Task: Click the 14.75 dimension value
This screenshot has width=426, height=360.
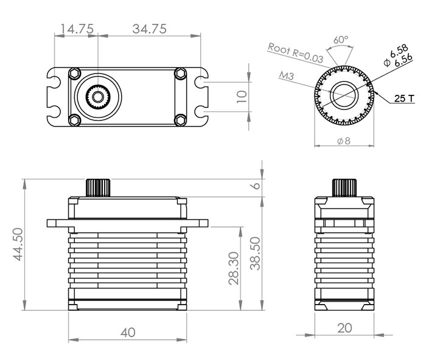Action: click(77, 29)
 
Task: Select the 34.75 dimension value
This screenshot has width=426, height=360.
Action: click(150, 29)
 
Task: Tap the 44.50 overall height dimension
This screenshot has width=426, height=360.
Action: click(18, 244)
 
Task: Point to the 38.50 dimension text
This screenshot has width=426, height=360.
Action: click(255, 254)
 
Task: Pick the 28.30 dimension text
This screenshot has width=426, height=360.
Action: click(234, 268)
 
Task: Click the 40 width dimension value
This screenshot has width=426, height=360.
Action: click(128, 332)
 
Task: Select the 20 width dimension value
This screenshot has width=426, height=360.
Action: click(344, 328)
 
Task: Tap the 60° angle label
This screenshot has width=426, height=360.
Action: click(341, 40)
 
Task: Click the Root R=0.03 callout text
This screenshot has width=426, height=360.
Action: click(296, 53)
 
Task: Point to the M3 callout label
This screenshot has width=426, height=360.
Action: click(287, 75)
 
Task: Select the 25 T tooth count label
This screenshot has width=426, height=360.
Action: click(404, 99)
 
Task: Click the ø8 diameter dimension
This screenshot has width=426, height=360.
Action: click(344, 141)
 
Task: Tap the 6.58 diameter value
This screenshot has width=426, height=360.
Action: click(399, 50)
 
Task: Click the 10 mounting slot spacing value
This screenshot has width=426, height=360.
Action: click(242, 96)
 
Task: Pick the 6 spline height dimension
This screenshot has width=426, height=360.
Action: click(256, 185)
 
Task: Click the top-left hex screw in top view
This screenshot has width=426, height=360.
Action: click(74, 74)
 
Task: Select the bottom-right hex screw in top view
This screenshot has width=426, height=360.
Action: click(180, 120)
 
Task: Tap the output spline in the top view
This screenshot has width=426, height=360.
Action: click(98, 96)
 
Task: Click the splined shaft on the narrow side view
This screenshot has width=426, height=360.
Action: click(344, 188)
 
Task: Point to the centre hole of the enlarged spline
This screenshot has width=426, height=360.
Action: click(344, 95)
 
